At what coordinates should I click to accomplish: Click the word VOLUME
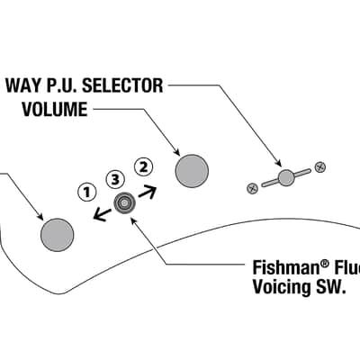click(55, 109)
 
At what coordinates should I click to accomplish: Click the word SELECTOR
click(122, 85)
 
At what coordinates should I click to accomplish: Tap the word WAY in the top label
click(22, 85)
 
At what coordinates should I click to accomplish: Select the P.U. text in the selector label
click(61, 85)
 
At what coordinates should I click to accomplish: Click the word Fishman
click(284, 267)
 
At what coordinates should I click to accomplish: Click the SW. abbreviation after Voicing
click(329, 287)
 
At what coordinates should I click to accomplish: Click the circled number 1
click(87, 192)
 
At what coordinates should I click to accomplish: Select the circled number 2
click(144, 167)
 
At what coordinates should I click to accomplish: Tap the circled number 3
click(115, 180)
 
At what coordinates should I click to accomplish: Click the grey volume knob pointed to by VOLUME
click(192, 171)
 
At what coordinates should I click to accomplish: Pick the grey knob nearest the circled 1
click(57, 235)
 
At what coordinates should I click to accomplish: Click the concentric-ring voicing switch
click(124, 203)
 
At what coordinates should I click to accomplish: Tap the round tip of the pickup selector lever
click(285, 178)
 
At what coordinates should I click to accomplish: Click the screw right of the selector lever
click(320, 167)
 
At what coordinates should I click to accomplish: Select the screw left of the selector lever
click(252, 189)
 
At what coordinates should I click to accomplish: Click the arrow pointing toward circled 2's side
click(148, 192)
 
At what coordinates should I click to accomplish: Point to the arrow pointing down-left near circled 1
click(102, 214)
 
